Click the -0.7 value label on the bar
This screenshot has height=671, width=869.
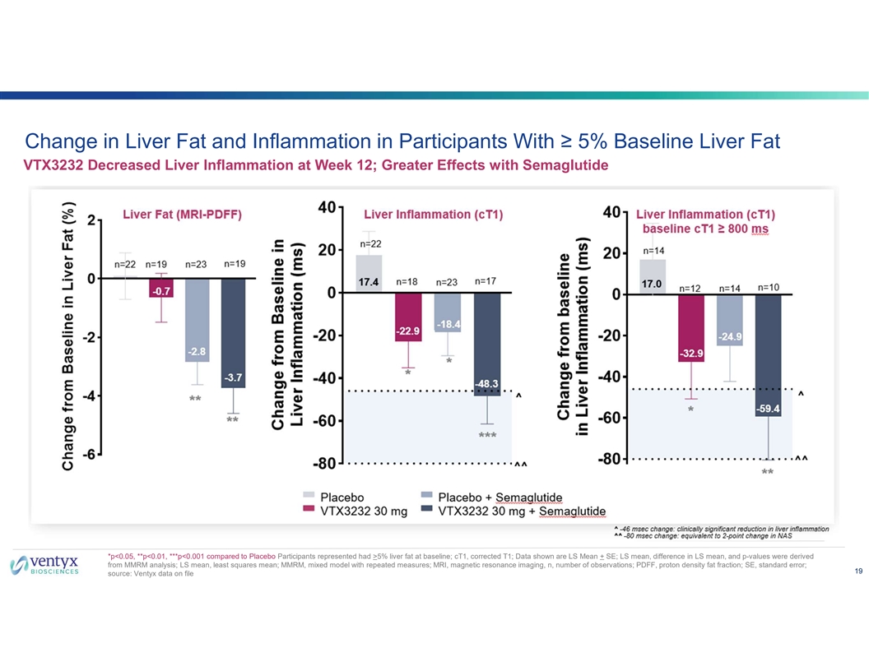point(161,291)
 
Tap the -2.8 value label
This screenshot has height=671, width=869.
point(197,351)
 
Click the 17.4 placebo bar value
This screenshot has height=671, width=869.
point(369,282)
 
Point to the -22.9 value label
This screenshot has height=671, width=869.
point(407,331)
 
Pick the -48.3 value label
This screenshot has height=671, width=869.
point(487,384)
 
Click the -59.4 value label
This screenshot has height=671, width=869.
point(768,408)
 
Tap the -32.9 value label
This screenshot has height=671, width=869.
point(690,353)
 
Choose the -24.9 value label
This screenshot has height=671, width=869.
point(729,336)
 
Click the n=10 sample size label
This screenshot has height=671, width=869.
point(768,287)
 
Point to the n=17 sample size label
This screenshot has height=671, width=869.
point(486,280)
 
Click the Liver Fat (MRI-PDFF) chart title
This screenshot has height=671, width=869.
point(182,215)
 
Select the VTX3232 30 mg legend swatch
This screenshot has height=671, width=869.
point(309,511)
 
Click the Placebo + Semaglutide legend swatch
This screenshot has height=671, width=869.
point(426,497)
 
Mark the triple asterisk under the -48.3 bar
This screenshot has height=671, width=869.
point(487,434)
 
